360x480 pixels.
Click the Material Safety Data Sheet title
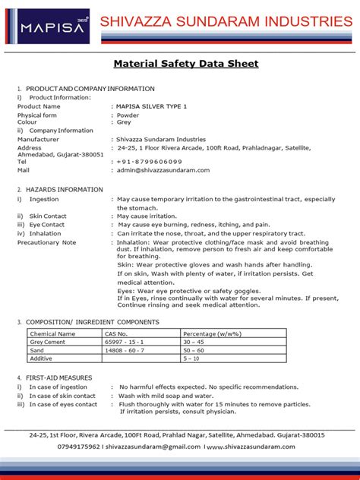click(185, 64)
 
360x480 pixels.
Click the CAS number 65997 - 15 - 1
click(125, 342)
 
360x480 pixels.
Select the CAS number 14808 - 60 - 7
click(125, 350)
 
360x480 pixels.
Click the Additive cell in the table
click(43, 358)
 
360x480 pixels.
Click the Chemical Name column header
click(52, 333)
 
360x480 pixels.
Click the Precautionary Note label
click(47, 242)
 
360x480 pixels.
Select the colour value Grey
click(125, 122)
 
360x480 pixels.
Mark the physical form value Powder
click(129, 115)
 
